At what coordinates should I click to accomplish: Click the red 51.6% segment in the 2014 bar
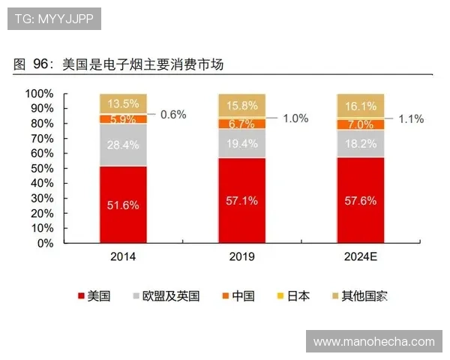point(123,204)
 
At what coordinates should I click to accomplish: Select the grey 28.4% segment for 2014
point(123,144)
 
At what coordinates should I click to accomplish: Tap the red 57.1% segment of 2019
point(241,200)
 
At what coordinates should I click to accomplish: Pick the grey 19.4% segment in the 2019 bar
point(241,143)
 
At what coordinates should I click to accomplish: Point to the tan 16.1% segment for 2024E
point(360,106)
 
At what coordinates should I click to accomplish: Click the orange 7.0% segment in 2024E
point(360,124)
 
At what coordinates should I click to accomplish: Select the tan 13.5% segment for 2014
point(123,103)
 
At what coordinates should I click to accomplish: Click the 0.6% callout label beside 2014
point(172,115)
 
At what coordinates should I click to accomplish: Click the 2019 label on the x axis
point(241,257)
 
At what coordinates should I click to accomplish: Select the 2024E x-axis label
point(360,257)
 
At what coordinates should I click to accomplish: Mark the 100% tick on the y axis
point(39,94)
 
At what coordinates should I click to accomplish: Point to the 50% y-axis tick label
point(41,169)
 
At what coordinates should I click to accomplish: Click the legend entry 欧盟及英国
point(166,295)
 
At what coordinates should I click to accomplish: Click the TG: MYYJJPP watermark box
point(54,19)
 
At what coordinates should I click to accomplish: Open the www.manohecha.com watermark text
point(373,341)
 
